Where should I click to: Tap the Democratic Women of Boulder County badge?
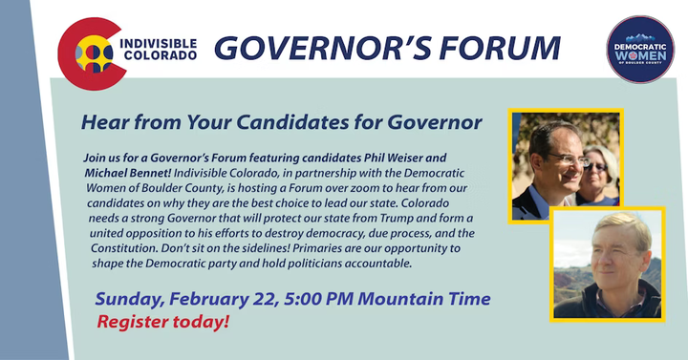click(640, 50)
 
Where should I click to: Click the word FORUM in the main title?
click(500, 48)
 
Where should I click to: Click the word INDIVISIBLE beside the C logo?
click(158, 44)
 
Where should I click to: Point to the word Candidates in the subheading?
click(292, 122)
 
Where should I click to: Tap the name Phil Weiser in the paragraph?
click(405, 158)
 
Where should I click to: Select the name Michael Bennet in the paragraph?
click(128, 173)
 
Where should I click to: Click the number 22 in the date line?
click(265, 300)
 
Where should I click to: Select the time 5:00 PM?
click(318, 299)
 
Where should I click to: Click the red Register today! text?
click(163, 322)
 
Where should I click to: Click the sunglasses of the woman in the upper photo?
click(596, 166)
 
